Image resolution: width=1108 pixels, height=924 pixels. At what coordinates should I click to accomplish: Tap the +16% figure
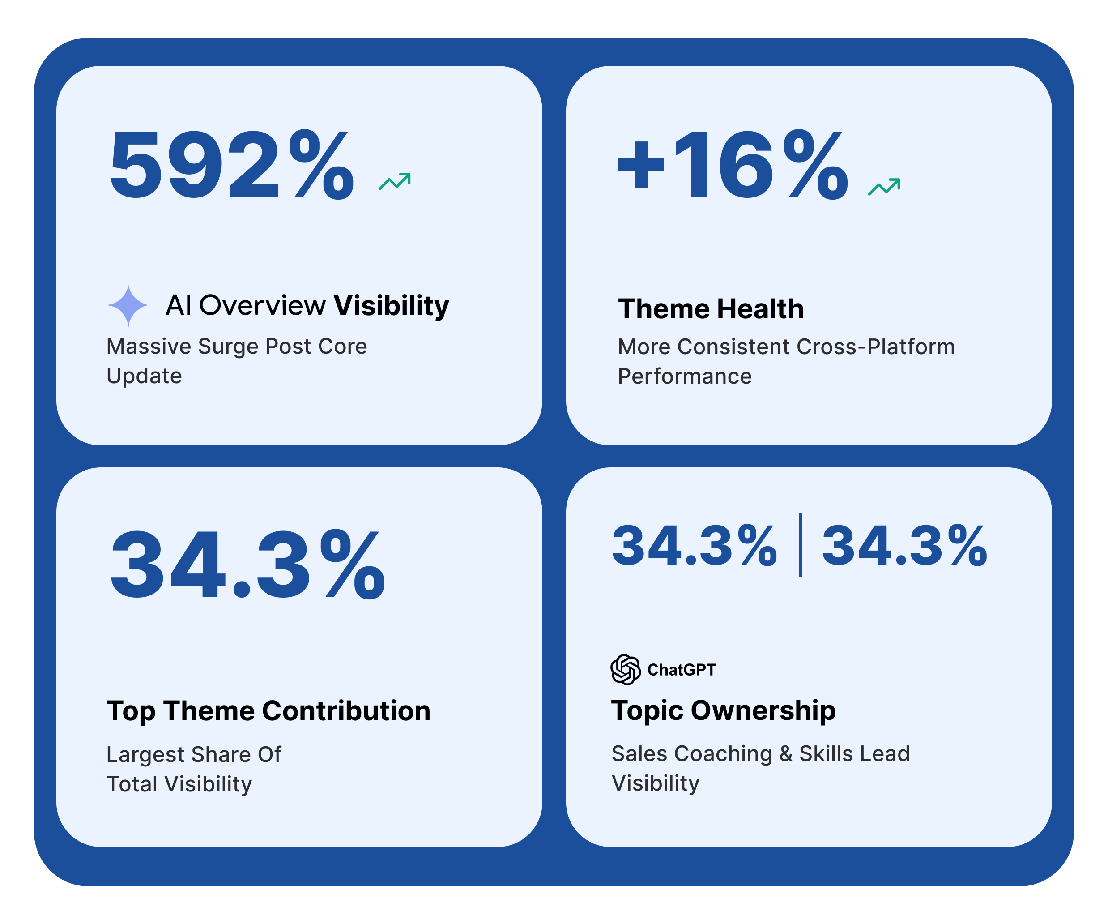tap(733, 165)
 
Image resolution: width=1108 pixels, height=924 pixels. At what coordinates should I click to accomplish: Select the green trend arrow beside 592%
tap(395, 181)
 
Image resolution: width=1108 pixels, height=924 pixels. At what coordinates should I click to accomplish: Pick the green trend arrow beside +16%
tap(884, 186)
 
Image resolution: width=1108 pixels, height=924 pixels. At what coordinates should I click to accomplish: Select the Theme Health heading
tap(711, 309)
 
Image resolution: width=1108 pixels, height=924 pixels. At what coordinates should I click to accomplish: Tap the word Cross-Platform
tap(876, 346)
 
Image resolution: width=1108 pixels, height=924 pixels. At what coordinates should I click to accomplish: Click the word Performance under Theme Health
tap(684, 376)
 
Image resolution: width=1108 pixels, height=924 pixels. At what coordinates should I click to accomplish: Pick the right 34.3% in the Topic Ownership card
tap(904, 546)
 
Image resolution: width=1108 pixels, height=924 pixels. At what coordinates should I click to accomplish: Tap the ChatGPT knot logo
tap(625, 670)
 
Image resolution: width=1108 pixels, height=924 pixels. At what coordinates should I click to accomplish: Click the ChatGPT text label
tap(681, 670)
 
